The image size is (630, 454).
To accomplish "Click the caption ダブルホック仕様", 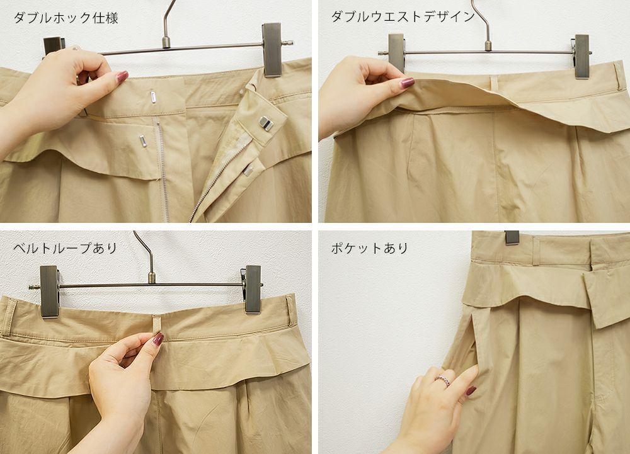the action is (66, 18).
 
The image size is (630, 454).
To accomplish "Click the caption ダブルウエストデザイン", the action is (403, 16).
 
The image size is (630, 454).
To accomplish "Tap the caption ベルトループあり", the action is (65, 248).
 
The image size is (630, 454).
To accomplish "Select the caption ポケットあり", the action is (370, 248).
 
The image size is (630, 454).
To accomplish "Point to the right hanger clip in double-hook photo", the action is (272, 49).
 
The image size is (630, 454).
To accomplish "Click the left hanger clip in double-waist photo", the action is (396, 53).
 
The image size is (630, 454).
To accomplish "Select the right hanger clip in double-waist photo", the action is (581, 56).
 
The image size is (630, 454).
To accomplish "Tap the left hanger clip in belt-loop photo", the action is (50, 292).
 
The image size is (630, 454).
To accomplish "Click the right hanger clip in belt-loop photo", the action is (253, 288).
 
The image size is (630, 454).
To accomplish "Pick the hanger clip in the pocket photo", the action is (512, 237).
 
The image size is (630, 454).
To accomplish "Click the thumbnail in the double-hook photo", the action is (122, 77).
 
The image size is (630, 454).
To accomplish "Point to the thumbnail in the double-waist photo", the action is (407, 82).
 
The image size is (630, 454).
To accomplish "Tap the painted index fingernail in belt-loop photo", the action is (158, 339).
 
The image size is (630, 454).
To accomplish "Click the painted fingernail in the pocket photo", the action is (471, 390).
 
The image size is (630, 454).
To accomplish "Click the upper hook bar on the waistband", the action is (153, 97).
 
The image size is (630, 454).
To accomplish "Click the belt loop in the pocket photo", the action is (535, 251).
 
